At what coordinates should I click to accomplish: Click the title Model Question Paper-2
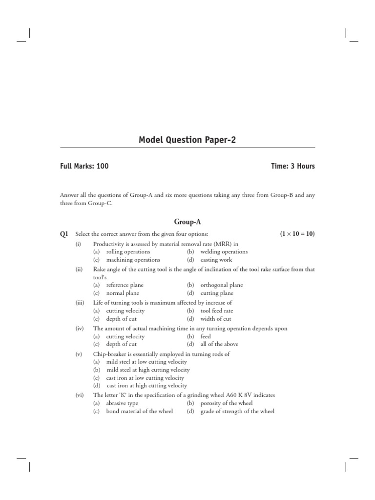click(x=187, y=140)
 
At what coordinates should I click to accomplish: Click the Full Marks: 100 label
click(x=84, y=166)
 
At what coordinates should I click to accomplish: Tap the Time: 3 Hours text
click(x=293, y=166)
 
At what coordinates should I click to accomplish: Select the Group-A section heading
click(x=187, y=221)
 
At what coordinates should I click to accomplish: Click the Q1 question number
click(x=64, y=234)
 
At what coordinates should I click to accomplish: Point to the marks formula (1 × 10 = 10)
click(x=297, y=234)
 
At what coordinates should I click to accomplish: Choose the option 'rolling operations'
click(x=128, y=252)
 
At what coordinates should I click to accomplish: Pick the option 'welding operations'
click(x=224, y=252)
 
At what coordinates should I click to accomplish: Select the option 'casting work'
click(x=216, y=260)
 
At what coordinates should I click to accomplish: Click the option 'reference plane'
click(x=125, y=285)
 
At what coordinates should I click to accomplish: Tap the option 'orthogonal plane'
click(x=221, y=285)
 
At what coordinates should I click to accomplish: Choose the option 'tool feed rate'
click(x=217, y=311)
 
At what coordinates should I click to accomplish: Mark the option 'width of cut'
click(x=216, y=319)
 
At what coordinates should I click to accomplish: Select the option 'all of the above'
click(x=219, y=344)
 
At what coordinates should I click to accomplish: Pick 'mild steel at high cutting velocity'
click(x=148, y=370)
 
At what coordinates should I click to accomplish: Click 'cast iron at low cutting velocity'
click(x=145, y=378)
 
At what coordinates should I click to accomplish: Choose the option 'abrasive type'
click(x=122, y=403)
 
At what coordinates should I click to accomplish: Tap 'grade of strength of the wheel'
click(x=237, y=412)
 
